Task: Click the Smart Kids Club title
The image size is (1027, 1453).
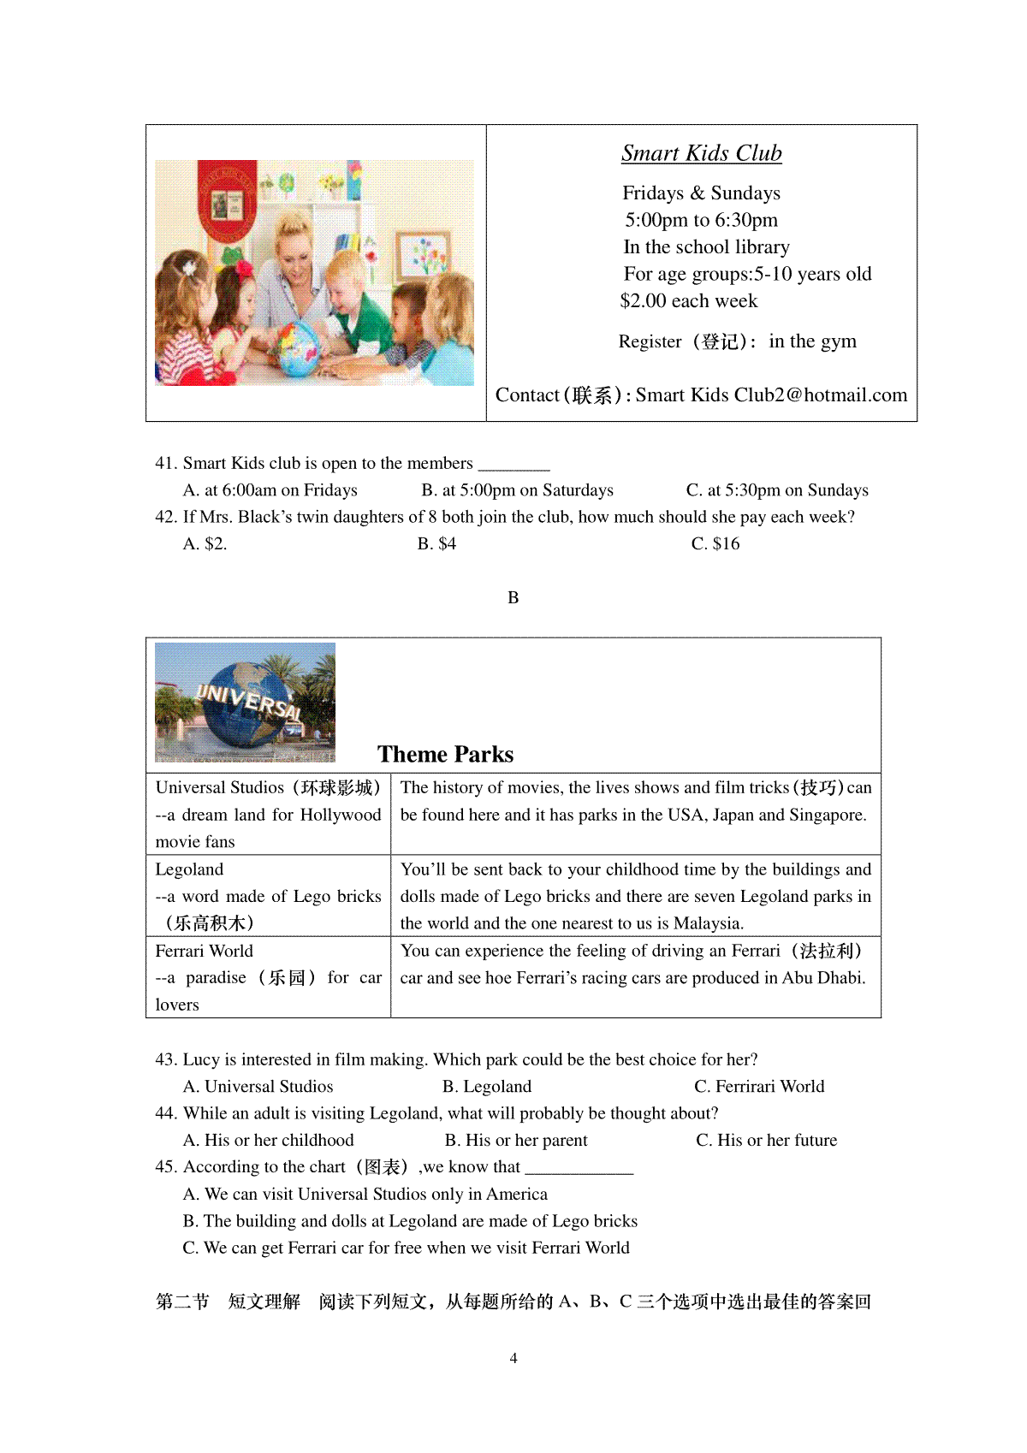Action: coord(701,153)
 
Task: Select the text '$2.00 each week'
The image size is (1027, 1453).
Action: coord(689,301)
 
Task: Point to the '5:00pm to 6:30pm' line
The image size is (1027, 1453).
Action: coord(701,220)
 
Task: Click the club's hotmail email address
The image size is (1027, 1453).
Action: coord(771,395)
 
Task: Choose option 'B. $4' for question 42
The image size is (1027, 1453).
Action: coord(436,543)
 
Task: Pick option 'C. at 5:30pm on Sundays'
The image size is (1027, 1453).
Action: coord(777,490)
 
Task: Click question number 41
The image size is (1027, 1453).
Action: coord(166,464)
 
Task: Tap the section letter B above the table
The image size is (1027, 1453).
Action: coord(513,597)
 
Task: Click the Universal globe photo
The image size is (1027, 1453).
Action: coord(246,702)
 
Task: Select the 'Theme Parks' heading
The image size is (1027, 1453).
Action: coord(445,754)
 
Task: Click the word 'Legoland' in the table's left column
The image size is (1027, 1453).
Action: coord(189,869)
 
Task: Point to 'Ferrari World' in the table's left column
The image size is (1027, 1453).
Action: coord(204,951)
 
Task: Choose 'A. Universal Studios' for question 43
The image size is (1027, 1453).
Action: coord(258,1087)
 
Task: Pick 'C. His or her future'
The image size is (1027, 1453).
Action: coord(766,1141)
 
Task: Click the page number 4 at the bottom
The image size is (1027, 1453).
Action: coord(513,1358)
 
